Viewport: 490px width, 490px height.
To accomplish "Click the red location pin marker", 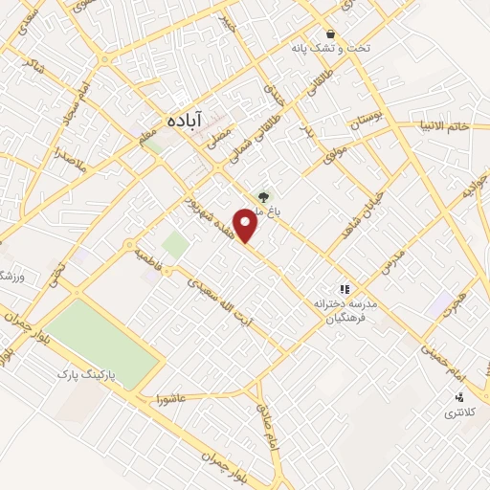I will click(x=247, y=224).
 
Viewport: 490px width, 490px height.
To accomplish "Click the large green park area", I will click(x=100, y=340).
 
